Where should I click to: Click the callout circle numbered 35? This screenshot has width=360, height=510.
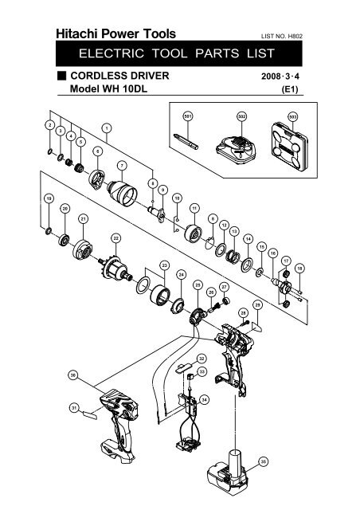[x=264, y=461]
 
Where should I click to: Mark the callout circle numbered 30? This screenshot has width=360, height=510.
[x=72, y=374]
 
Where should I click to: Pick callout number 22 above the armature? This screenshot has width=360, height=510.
[x=115, y=238]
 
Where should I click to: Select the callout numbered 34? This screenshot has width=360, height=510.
[x=205, y=399]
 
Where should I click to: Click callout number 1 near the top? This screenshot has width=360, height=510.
[x=106, y=127]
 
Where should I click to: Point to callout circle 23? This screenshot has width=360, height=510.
[x=163, y=264]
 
